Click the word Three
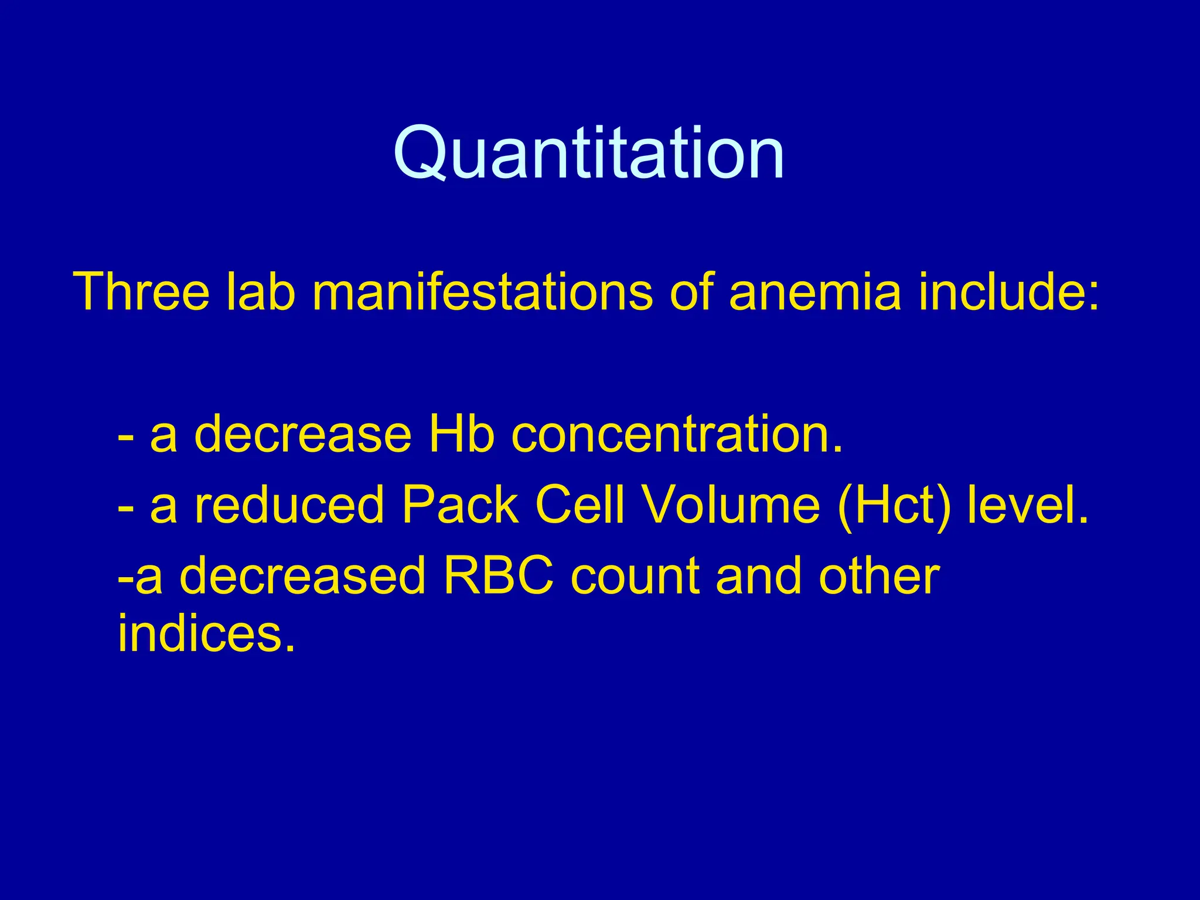(141, 291)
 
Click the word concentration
(677, 434)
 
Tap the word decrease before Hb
(302, 434)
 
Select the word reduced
(288, 505)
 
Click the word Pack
(460, 505)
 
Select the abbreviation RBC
(499, 577)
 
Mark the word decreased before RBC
(302, 577)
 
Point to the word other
(879, 577)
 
